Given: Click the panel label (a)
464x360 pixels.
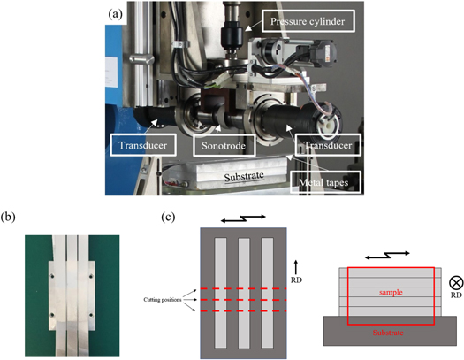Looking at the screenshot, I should tap(113, 14).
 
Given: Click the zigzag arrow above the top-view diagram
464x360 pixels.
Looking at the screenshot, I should tap(242, 218).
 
